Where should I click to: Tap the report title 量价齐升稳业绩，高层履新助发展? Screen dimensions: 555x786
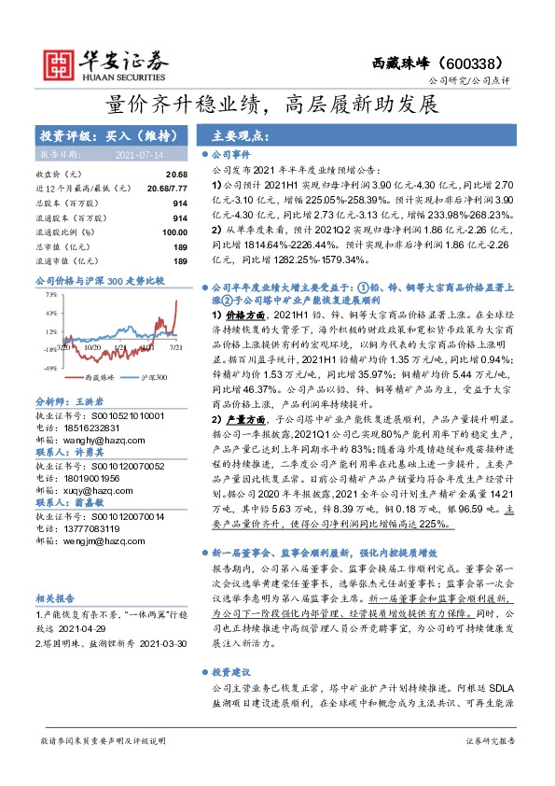click(277, 105)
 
